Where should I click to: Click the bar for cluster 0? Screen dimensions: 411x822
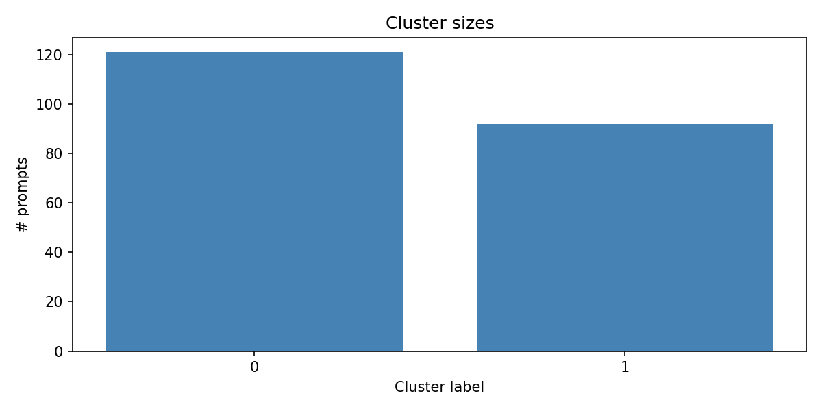pos(254,202)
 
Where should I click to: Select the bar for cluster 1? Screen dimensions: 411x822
pos(625,238)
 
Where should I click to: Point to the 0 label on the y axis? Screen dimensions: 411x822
pos(58,351)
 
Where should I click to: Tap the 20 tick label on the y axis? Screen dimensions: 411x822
pos(54,302)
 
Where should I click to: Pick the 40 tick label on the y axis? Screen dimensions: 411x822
pos(54,253)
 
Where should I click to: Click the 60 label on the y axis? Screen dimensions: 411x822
pos(54,203)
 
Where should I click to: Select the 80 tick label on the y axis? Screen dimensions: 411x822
pos(54,154)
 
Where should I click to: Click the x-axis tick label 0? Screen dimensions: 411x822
pos(254,367)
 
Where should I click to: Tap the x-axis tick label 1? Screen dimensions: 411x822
pos(625,367)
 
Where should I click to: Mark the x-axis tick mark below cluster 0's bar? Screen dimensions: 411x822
pos(254,353)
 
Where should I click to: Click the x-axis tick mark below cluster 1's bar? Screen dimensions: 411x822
pos(625,353)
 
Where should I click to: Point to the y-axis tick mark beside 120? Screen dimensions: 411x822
pos(70,55)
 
